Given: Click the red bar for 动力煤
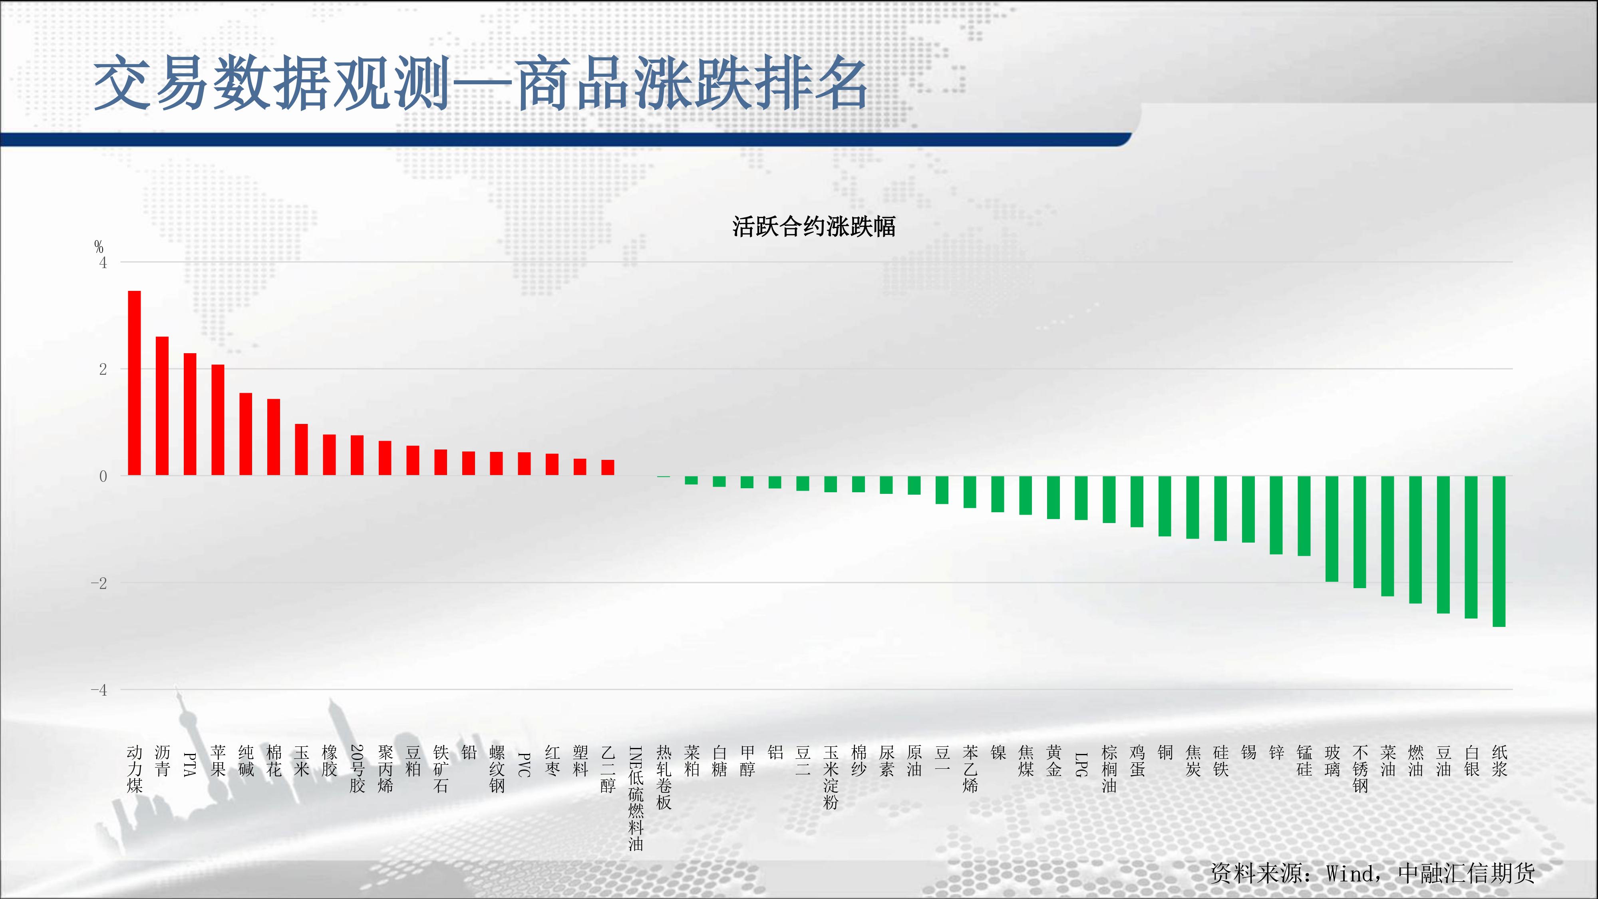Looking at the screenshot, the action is pos(134,383).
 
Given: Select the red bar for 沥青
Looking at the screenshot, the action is pos(162,406).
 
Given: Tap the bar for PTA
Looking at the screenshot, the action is pos(190,414).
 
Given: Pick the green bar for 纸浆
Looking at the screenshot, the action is pos(1499,551).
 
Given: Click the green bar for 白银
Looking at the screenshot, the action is pos(1471,547).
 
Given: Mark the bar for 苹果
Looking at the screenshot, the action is pos(218,420).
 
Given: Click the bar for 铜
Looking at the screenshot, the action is pos(1165,506).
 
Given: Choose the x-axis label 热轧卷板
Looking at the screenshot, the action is pos(664,778).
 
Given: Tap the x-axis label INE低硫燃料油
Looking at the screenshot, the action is pos(636,798).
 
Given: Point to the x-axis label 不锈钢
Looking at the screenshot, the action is pos(1360,769).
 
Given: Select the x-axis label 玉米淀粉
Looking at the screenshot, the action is pos(831,778).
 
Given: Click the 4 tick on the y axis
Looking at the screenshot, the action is pos(103,263).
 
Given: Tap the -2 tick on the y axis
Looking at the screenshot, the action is pos(99,583).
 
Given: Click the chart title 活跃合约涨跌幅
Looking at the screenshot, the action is pos(814,227).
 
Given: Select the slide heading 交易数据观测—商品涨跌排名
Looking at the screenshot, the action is pos(481,83).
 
